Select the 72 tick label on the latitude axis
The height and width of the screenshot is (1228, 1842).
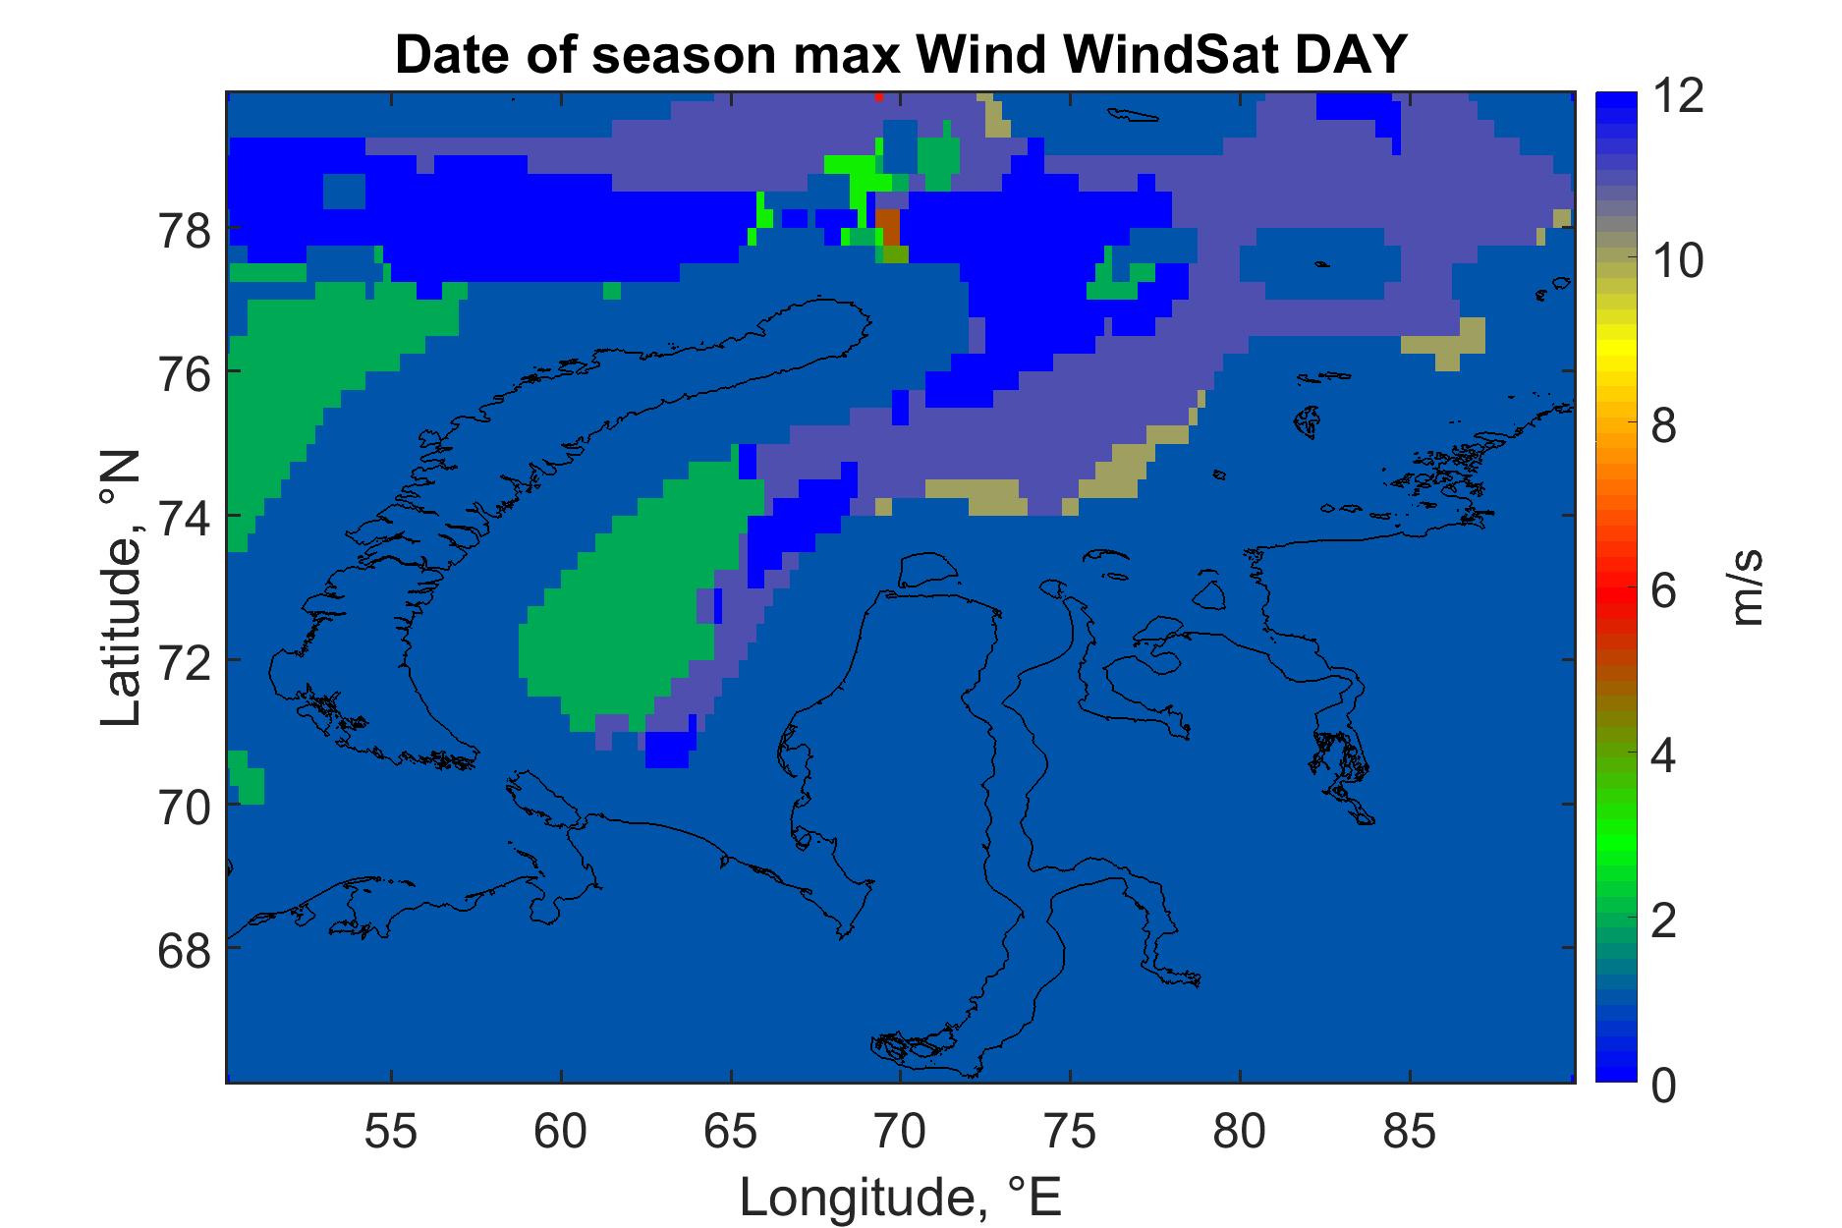point(185,660)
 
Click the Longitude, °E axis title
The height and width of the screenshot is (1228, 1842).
point(901,1197)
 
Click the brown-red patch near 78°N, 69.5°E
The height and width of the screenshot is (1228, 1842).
point(888,227)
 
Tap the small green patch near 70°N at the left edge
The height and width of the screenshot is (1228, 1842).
point(245,778)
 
